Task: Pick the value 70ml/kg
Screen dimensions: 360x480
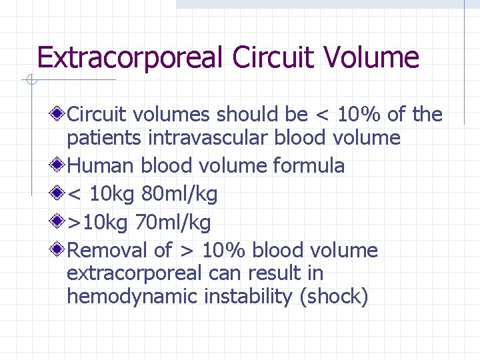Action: tap(173, 221)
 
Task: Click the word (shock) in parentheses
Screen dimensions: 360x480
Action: tap(335, 297)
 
